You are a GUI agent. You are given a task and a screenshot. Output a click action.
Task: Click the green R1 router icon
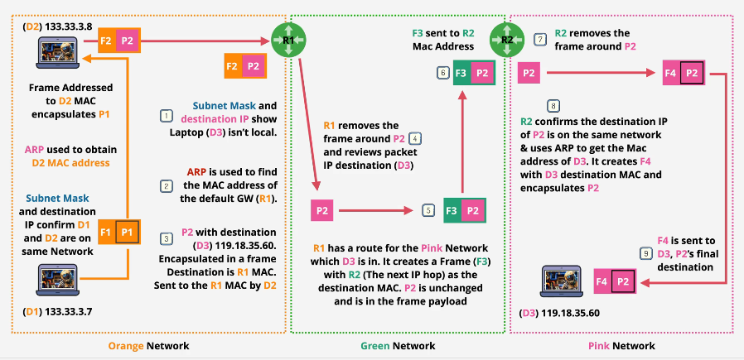point(286,39)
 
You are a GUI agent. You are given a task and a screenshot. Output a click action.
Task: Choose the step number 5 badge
point(428,211)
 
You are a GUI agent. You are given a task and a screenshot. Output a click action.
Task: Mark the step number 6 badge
point(443,73)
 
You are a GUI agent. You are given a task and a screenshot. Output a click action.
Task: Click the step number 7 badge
point(540,39)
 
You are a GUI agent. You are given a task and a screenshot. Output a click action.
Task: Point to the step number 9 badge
point(645,253)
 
